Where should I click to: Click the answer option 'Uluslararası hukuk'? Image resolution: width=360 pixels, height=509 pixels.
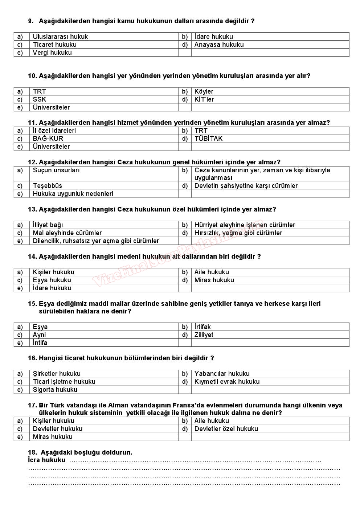[60, 37]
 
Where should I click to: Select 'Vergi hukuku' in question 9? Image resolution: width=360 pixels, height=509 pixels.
[52, 53]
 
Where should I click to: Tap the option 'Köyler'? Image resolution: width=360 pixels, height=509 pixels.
[204, 91]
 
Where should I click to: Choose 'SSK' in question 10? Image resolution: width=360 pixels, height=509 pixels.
[40, 99]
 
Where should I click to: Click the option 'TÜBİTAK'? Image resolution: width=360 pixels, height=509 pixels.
[208, 139]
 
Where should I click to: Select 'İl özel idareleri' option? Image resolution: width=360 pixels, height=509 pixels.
[54, 131]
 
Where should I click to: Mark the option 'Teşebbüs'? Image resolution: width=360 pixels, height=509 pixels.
[48, 186]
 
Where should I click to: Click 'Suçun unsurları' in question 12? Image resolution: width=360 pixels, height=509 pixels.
[56, 170]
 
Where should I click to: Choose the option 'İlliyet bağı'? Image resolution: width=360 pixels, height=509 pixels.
[48, 225]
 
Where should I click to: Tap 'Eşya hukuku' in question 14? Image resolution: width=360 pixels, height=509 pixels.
[52, 280]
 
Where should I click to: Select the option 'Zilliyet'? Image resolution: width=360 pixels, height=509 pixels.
[204, 335]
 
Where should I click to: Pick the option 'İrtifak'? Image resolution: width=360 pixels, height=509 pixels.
[202, 327]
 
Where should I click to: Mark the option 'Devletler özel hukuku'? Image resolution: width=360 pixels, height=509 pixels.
[226, 429]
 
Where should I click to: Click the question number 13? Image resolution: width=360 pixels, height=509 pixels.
[32, 209]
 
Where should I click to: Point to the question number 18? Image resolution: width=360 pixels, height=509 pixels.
[32, 452]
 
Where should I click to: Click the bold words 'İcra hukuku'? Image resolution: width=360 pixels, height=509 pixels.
[47, 460]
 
